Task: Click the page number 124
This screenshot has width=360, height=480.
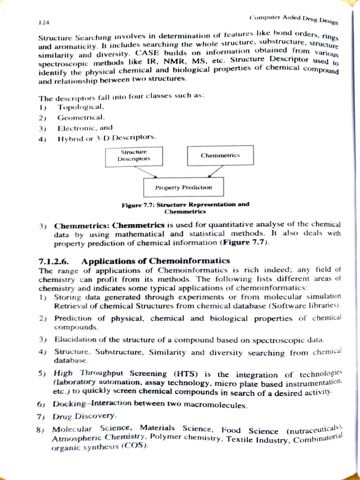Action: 45,22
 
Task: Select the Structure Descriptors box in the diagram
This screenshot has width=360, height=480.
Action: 134,156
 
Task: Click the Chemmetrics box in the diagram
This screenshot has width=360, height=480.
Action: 220,155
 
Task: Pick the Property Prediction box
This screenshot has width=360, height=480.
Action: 183,187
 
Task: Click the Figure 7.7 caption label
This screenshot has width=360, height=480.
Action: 138,205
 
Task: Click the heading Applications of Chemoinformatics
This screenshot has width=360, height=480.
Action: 156,261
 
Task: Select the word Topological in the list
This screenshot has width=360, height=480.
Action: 76,107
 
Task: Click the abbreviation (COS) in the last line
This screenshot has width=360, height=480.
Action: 135,446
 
